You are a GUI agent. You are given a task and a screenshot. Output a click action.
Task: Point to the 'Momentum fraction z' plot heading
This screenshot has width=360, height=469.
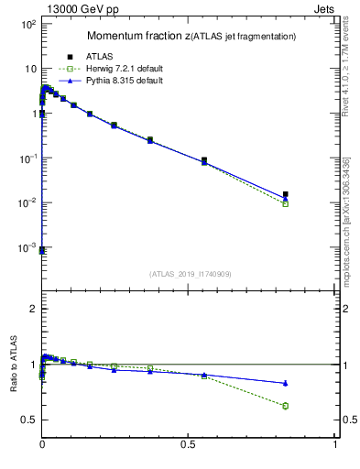pyautogui.click(x=191, y=36)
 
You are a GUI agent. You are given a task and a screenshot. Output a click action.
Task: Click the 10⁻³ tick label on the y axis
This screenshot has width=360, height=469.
pyautogui.click(x=28, y=248)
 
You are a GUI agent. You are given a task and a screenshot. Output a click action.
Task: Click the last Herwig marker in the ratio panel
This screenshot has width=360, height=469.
pyautogui.click(x=286, y=406)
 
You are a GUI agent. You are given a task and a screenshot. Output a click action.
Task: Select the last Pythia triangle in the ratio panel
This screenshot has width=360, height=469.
pyautogui.click(x=286, y=383)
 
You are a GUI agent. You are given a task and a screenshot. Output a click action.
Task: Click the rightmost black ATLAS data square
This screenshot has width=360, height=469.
pyautogui.click(x=286, y=194)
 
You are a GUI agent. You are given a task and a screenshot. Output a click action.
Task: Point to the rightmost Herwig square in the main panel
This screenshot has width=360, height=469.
pyautogui.click(x=286, y=203)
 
